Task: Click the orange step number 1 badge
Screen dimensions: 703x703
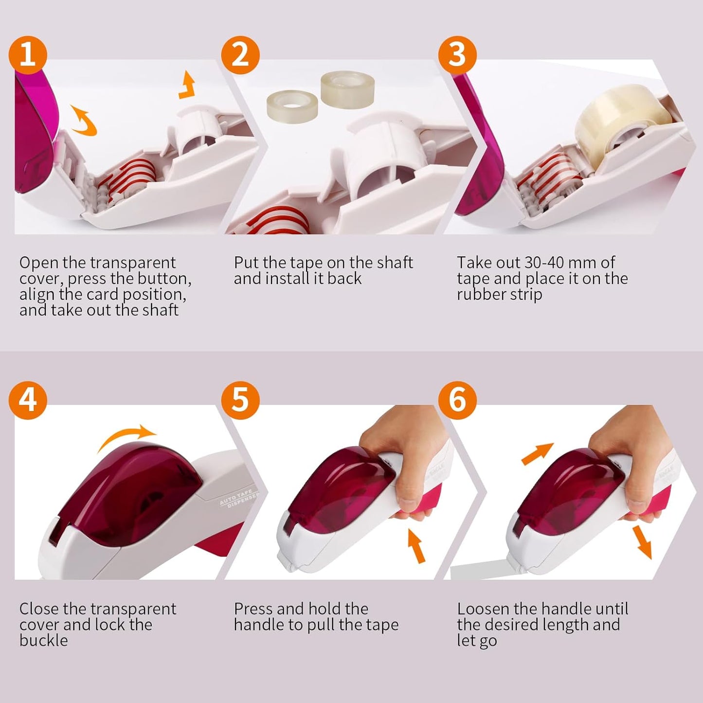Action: click(x=28, y=55)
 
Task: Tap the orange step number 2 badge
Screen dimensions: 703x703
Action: click(x=240, y=55)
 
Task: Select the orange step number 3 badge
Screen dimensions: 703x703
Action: click(x=457, y=55)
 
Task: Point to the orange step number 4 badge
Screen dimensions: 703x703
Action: click(x=28, y=400)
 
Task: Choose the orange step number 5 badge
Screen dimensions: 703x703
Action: click(x=240, y=400)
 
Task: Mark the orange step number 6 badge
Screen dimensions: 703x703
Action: click(x=457, y=400)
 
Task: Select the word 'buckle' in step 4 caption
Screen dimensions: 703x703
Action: click(x=44, y=640)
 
